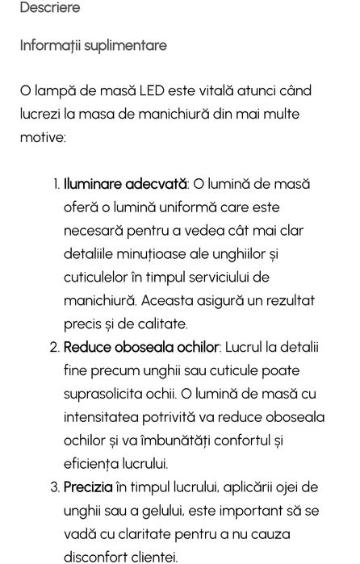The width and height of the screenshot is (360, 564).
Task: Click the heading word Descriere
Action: pyautogui.click(x=49, y=8)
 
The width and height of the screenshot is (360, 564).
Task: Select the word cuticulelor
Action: pyautogui.click(x=98, y=278)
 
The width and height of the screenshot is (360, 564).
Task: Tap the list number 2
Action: pyautogui.click(x=55, y=348)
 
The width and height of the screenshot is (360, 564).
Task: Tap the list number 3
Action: pyautogui.click(x=55, y=487)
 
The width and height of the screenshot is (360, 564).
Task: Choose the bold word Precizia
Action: pyautogui.click(x=88, y=487)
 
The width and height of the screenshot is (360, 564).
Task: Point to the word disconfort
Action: pyautogui.click(x=99, y=557)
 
